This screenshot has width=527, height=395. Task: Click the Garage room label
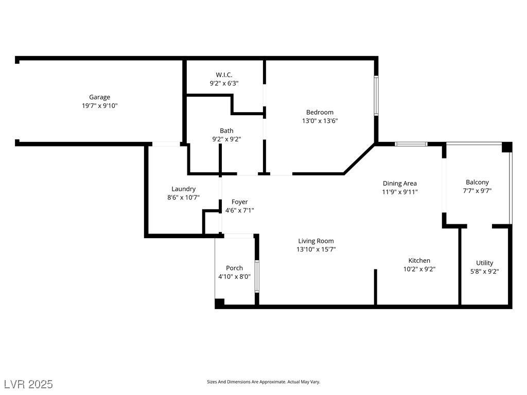pyautogui.click(x=99, y=97)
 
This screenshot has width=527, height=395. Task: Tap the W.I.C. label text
pyautogui.click(x=224, y=75)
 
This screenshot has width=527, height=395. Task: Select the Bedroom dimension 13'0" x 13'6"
pyautogui.click(x=320, y=121)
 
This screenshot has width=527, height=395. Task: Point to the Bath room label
pyautogui.click(x=226, y=131)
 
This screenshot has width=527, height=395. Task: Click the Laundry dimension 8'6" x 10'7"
pyautogui.click(x=183, y=197)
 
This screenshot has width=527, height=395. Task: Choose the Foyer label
pyautogui.click(x=239, y=202)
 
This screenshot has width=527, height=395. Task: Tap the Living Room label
pyautogui.click(x=316, y=241)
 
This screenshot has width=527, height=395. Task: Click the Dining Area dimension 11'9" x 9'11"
pyautogui.click(x=399, y=192)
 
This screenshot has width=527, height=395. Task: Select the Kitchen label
pyautogui.click(x=419, y=261)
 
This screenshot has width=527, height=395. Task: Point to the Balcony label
pyautogui.click(x=477, y=182)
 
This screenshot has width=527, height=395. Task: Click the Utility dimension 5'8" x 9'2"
pyautogui.click(x=484, y=271)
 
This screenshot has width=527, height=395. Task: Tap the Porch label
pyautogui.click(x=234, y=268)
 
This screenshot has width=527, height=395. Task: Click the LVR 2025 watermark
pyautogui.click(x=28, y=384)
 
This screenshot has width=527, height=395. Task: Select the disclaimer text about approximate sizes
pyautogui.click(x=263, y=382)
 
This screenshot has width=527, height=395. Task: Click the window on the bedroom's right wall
pyautogui.click(x=376, y=96)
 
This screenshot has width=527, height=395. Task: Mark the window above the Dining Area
pyautogui.click(x=411, y=144)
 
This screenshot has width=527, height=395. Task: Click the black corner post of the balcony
pyautogui.click(x=507, y=147)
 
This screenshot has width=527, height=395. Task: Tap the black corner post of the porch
pyautogui.click(x=220, y=303)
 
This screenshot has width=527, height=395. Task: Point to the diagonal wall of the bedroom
pyautogui.click(x=360, y=159)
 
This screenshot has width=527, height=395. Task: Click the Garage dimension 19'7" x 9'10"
pyautogui.click(x=99, y=105)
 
